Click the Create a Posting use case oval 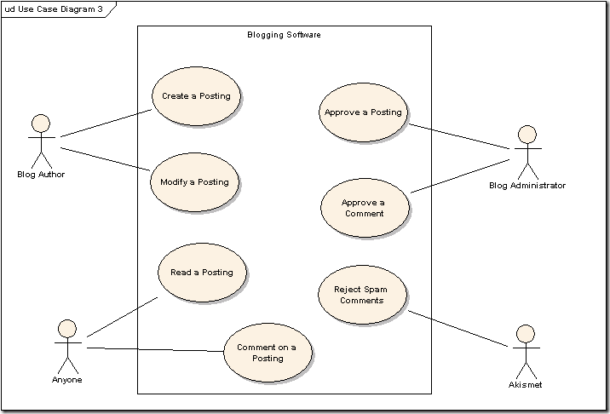click(x=196, y=96)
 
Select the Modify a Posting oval click(x=194, y=182)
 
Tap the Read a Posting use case click(x=202, y=273)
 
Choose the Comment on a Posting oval click(x=267, y=353)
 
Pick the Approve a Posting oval click(x=363, y=112)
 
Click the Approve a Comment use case click(x=364, y=208)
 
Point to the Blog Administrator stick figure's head click(x=527, y=134)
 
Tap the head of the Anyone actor click(x=67, y=328)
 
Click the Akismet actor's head click(x=525, y=333)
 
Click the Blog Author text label click(x=41, y=175)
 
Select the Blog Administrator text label click(x=527, y=186)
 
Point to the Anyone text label click(x=66, y=380)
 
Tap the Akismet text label click(x=525, y=385)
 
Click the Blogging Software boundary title click(x=284, y=35)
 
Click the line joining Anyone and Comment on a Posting click(x=153, y=349)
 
